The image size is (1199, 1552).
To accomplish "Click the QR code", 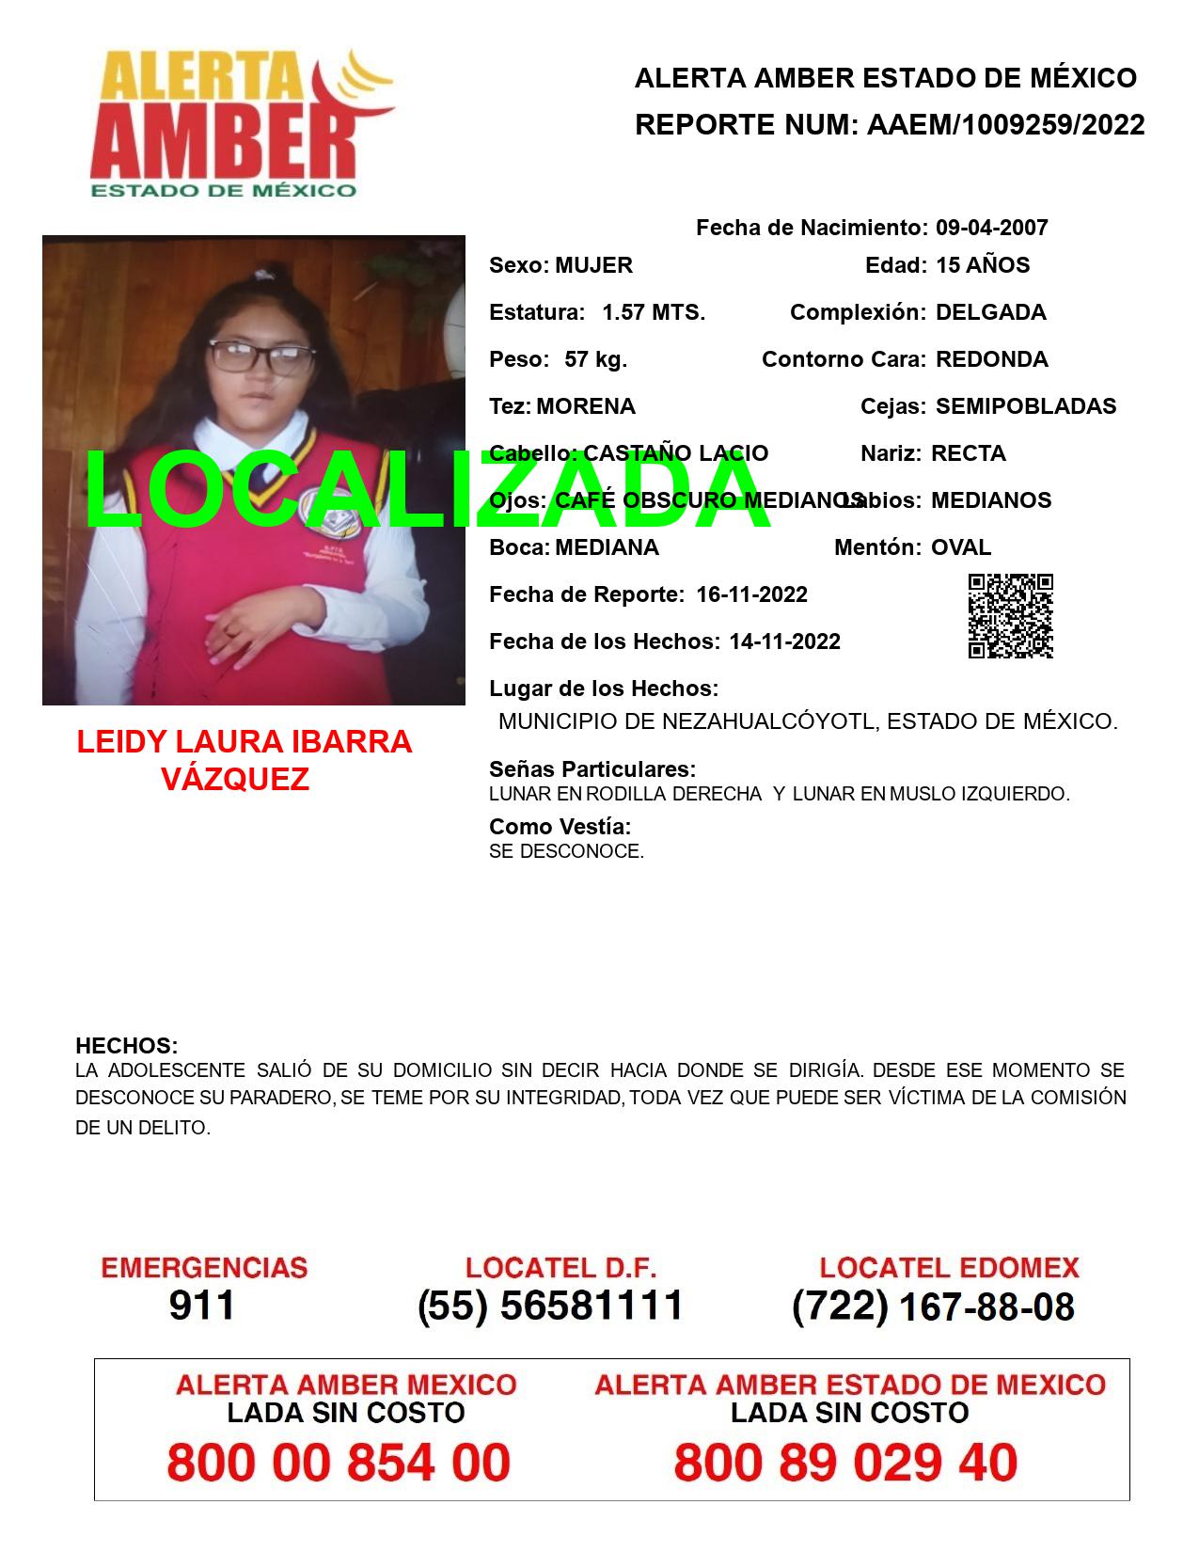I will click(1011, 616).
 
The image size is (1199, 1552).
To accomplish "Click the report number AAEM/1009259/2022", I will click(1005, 125).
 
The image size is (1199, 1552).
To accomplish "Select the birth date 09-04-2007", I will click(991, 228).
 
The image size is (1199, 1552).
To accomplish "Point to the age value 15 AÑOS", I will click(983, 265).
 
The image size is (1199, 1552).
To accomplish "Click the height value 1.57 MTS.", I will click(654, 312).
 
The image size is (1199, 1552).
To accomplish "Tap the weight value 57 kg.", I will click(595, 359).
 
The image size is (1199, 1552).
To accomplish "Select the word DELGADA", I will click(990, 312).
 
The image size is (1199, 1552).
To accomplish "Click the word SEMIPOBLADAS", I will click(1025, 406).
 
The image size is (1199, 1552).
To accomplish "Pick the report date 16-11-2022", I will click(751, 594).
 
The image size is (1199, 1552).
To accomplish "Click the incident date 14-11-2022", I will click(784, 641).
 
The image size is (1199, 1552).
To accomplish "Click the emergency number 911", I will click(202, 1306).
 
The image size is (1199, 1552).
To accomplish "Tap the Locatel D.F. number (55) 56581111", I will click(550, 1306).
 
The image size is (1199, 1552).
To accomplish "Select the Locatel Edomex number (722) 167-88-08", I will click(933, 1306).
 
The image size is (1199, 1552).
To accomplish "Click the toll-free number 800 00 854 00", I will click(339, 1463).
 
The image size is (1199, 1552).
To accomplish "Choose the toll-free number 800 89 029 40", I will click(845, 1463).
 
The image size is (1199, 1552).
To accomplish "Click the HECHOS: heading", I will click(126, 1046).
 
